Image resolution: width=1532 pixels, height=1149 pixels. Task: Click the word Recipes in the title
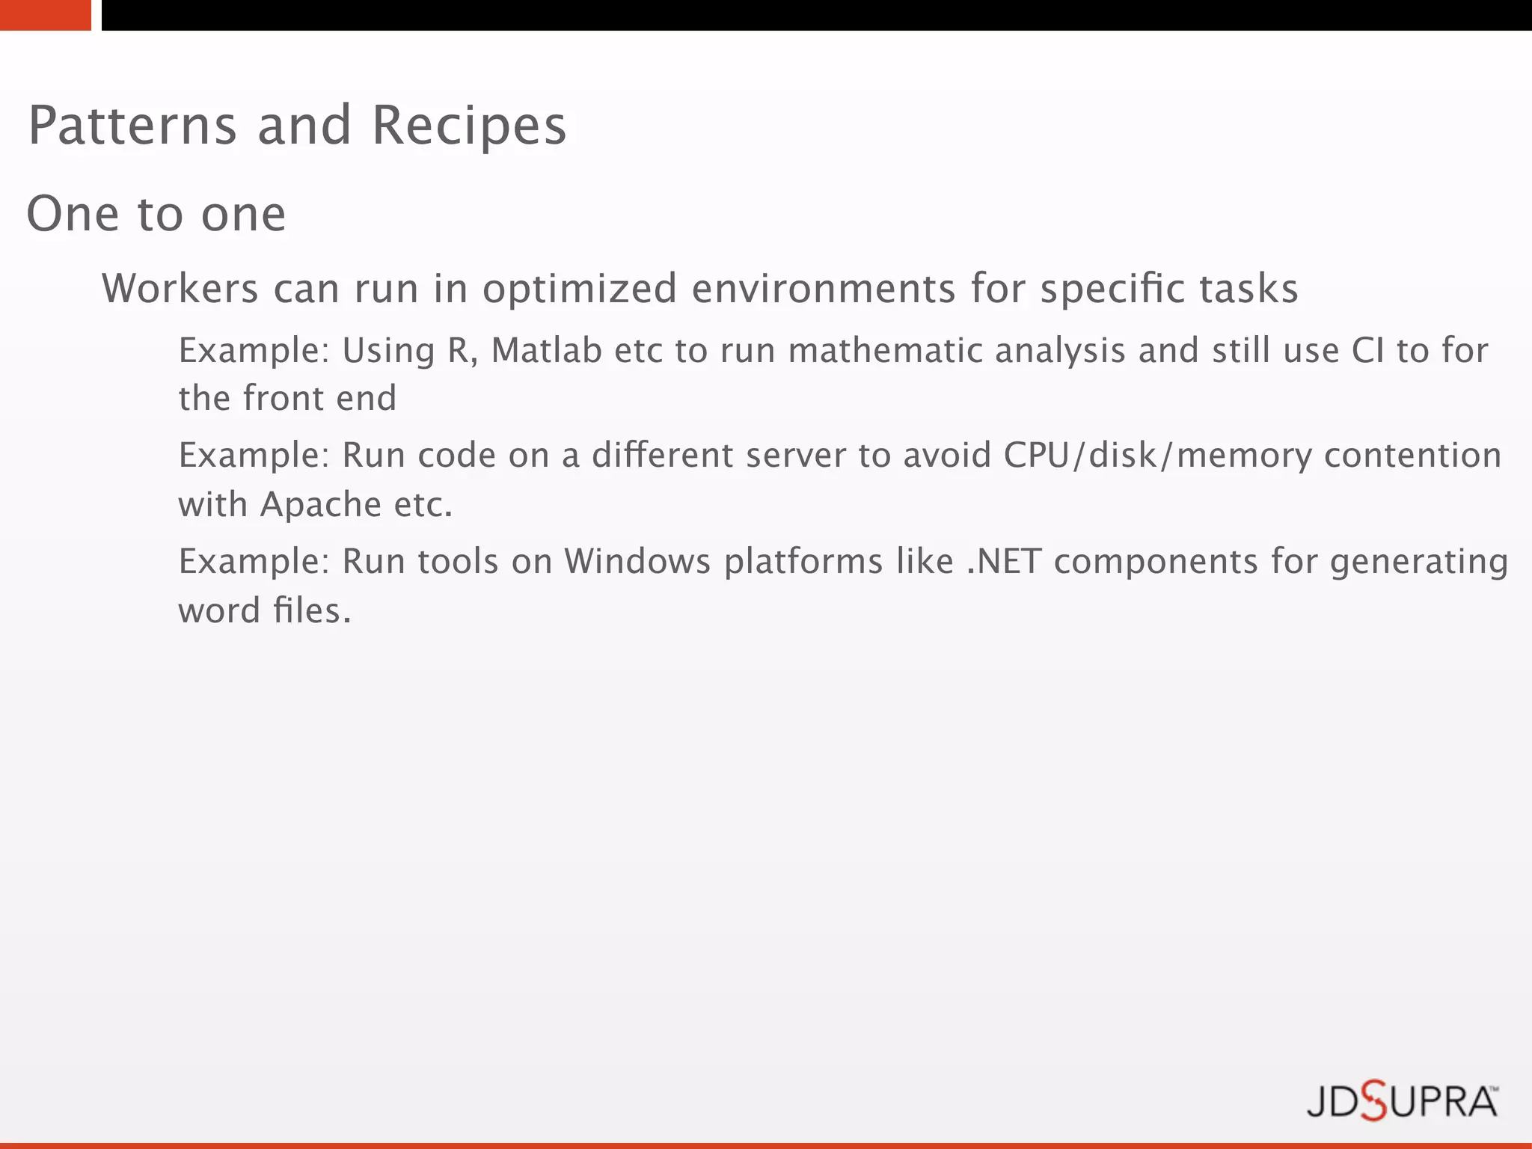(x=469, y=126)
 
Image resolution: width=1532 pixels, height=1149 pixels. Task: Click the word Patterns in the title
(x=132, y=126)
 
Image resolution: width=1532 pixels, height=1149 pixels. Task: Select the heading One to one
(x=156, y=214)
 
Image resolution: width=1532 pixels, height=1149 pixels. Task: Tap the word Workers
(x=180, y=289)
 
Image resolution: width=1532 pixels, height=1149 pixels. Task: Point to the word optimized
(x=580, y=289)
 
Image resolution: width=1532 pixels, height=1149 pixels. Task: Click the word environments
(x=824, y=289)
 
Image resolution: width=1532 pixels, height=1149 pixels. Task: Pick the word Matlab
(x=546, y=351)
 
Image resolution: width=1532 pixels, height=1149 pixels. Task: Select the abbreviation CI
(x=1367, y=351)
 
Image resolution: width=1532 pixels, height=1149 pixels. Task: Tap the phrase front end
(x=319, y=399)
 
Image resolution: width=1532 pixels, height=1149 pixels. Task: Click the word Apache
(x=321, y=505)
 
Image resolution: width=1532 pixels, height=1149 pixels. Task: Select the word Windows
(x=637, y=562)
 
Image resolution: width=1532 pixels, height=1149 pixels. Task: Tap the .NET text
(x=1004, y=562)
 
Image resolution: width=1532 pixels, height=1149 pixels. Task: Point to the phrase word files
(x=264, y=611)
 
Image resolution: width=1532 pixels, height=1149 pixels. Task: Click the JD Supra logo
(x=1402, y=1102)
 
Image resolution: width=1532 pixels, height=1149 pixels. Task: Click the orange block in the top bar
(x=45, y=15)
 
